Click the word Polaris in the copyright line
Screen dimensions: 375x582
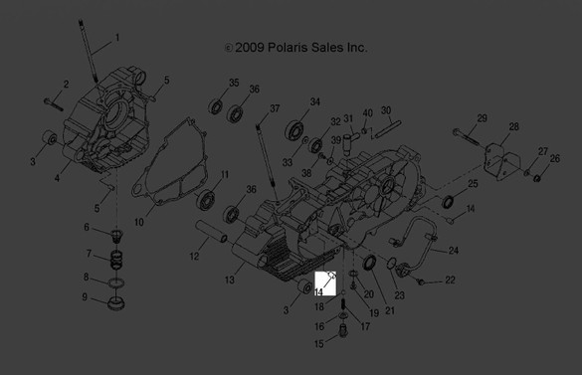pos(291,47)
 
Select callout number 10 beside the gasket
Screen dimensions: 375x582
pos(139,222)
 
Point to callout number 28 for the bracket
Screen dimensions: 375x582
pos(513,127)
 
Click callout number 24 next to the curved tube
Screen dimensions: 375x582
pos(454,250)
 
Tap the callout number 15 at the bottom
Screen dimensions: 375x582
pos(319,343)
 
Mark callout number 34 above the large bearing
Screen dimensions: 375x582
pos(314,102)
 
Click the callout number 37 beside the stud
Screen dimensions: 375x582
pos(276,108)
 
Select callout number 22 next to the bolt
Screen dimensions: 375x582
pos(450,281)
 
